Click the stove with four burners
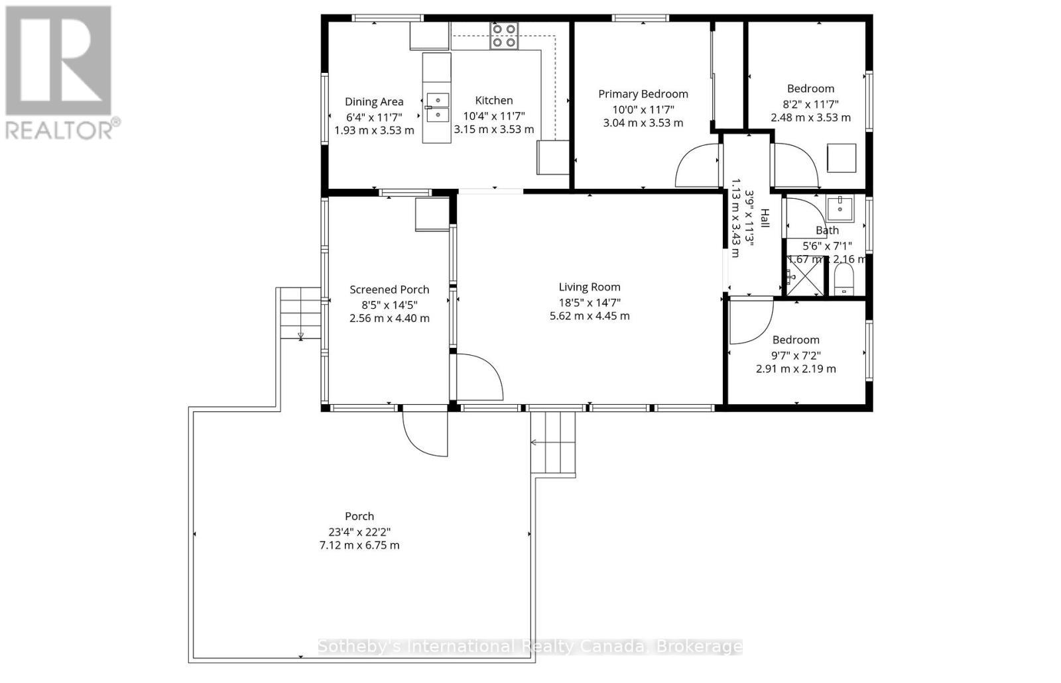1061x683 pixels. coord(504,36)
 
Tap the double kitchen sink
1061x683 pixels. coord(437,107)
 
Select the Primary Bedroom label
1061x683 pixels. coord(643,94)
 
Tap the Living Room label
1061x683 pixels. coord(590,287)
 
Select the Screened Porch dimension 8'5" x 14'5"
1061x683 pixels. coord(389,304)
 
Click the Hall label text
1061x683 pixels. coord(765,219)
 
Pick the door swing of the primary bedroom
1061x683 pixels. coord(696,167)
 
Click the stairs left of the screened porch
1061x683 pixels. coord(300,313)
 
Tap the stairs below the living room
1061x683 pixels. coord(553,442)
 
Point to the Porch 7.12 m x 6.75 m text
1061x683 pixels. coord(359,545)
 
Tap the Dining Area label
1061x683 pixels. coord(374,101)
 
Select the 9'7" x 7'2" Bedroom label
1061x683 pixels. coord(796,340)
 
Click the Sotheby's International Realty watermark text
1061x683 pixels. coord(530,647)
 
